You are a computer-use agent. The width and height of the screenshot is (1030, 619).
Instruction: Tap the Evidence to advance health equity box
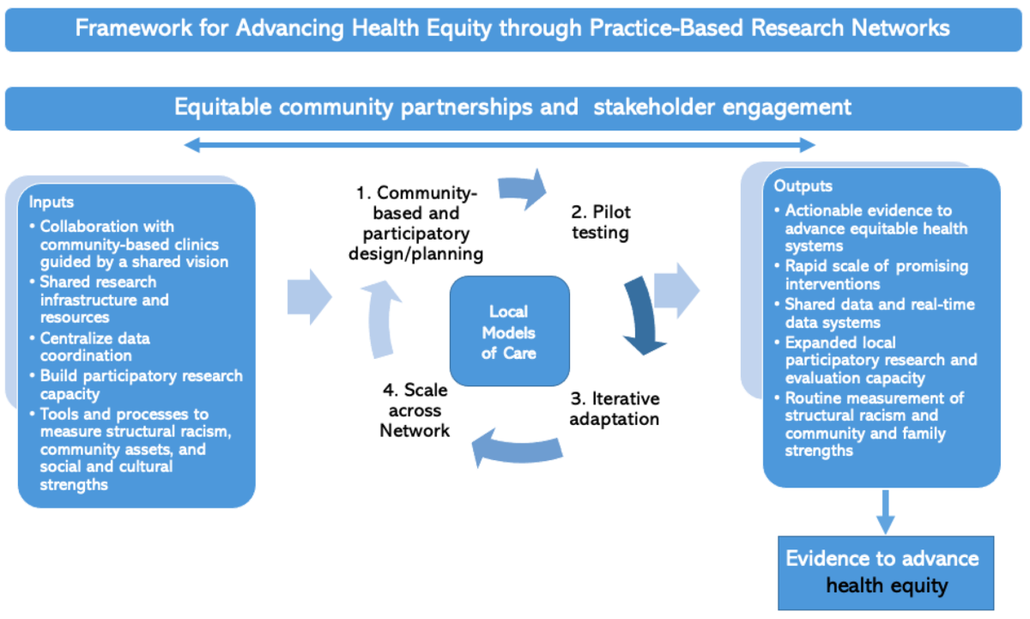[885, 572]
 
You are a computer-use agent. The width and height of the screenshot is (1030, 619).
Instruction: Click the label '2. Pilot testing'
[602, 222]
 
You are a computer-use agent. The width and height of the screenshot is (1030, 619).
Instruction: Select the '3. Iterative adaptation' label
[615, 410]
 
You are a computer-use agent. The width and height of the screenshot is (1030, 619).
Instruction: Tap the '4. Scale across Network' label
[415, 410]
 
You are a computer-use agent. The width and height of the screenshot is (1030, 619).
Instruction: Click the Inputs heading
[51, 203]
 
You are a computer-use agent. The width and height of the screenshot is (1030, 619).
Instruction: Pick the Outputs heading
[803, 186]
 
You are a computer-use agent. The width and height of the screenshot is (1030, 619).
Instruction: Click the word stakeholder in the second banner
[657, 107]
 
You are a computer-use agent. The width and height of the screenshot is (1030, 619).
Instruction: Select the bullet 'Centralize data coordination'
[94, 347]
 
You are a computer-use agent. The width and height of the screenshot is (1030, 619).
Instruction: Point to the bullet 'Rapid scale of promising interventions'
[875, 275]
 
